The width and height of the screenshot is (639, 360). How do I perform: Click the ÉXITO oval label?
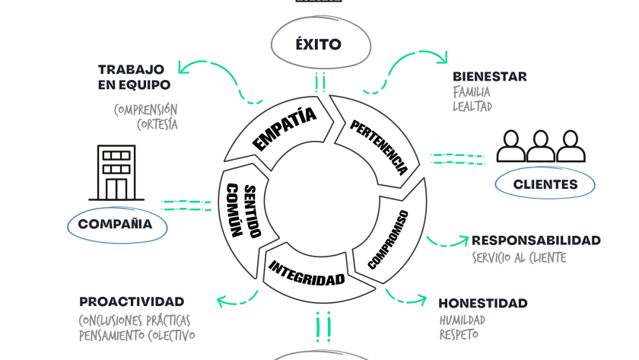[x=319, y=44]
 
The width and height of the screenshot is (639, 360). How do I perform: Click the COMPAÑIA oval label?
[x=116, y=225]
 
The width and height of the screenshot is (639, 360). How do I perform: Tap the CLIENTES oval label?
[x=545, y=184]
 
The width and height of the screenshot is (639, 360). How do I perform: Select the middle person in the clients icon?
[x=541, y=146]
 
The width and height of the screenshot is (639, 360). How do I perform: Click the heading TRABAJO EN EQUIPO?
[x=134, y=77]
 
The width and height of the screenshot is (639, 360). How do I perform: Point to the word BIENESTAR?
[x=489, y=77]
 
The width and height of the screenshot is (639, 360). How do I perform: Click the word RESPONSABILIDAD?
[x=536, y=241]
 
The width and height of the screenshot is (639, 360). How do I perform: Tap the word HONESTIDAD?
[x=482, y=303]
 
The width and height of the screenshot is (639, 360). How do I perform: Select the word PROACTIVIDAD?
[x=132, y=301]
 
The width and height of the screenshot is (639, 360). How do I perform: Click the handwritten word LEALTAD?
[x=472, y=107]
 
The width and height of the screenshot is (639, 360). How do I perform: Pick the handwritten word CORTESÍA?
[x=157, y=125]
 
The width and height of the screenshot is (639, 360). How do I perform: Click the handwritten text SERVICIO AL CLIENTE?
[x=519, y=258]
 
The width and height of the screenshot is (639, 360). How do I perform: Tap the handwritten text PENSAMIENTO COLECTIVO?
[x=137, y=335]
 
